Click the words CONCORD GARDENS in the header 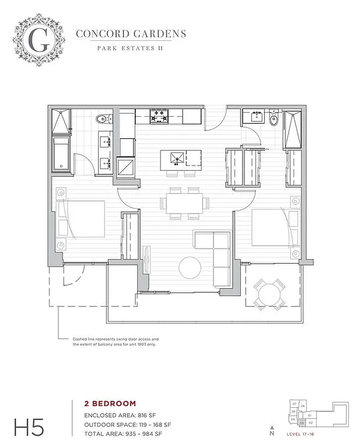(131, 33)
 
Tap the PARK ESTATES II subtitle (130, 48)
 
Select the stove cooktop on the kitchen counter (159, 116)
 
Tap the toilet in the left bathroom (103, 119)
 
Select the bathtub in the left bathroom (62, 154)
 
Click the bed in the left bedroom (82, 219)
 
